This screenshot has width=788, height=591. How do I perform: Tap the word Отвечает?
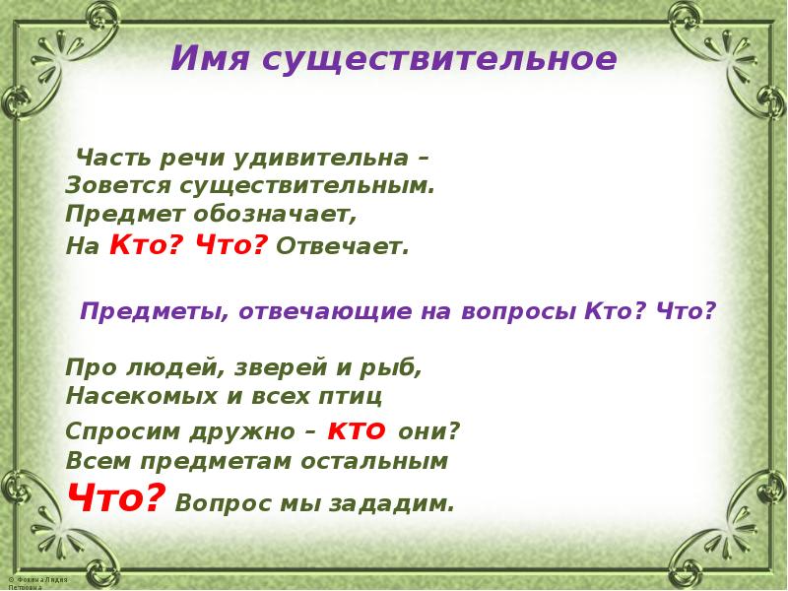[342, 245]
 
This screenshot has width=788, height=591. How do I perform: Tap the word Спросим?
[114, 431]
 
